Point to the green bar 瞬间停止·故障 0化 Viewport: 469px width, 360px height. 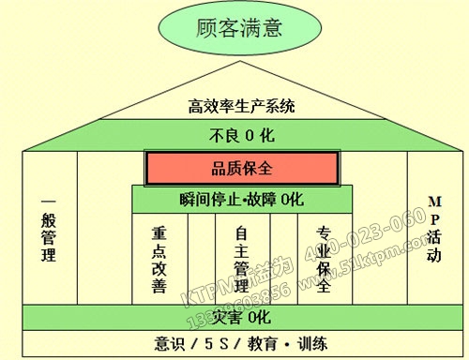pos(241,199)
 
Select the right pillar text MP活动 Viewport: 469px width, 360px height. pos(432,229)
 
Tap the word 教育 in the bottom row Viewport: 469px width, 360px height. pos(266,343)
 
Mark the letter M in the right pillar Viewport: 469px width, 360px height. pos(432,202)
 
